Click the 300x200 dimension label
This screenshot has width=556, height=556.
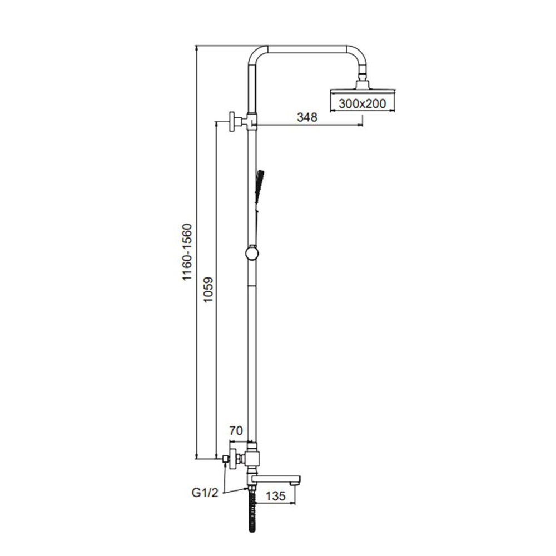pos(362,104)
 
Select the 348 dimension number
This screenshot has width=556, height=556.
pos(307,117)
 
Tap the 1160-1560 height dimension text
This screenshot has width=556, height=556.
pos(187,252)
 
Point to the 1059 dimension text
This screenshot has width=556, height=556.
pos(208,289)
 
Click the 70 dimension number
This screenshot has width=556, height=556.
pos(236,430)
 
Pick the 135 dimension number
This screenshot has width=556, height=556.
pos(276,496)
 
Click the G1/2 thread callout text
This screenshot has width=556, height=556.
pos(205,493)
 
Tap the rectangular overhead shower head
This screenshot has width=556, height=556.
pos(363,92)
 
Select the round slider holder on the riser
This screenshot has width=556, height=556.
pos(252,254)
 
